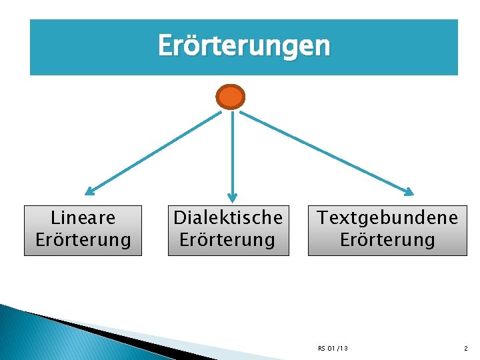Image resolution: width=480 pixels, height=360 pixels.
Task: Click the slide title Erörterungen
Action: pos(243,46)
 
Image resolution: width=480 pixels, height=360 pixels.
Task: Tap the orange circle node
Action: pos(231,97)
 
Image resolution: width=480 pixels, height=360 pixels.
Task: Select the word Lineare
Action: pos(83,217)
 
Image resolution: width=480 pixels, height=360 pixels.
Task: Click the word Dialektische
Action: pos(228,217)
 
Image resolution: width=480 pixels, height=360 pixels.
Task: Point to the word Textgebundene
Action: pos(387,217)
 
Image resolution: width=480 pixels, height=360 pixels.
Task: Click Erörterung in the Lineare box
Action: pos(83,239)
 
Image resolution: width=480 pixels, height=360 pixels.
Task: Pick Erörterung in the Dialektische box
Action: pos(228,239)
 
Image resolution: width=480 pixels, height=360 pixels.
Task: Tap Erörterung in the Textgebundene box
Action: pos(387,239)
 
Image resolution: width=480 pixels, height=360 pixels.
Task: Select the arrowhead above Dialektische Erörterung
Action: pos(232,197)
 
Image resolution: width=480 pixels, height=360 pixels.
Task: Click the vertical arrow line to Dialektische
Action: pos(232,153)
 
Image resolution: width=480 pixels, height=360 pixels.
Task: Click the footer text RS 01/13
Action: pos(333,348)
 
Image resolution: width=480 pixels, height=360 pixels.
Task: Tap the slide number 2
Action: pos(466,348)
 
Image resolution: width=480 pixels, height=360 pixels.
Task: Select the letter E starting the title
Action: pos(165,47)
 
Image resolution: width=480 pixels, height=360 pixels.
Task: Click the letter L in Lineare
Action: pos(55,217)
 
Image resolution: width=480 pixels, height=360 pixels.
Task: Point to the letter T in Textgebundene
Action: pos(323,217)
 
